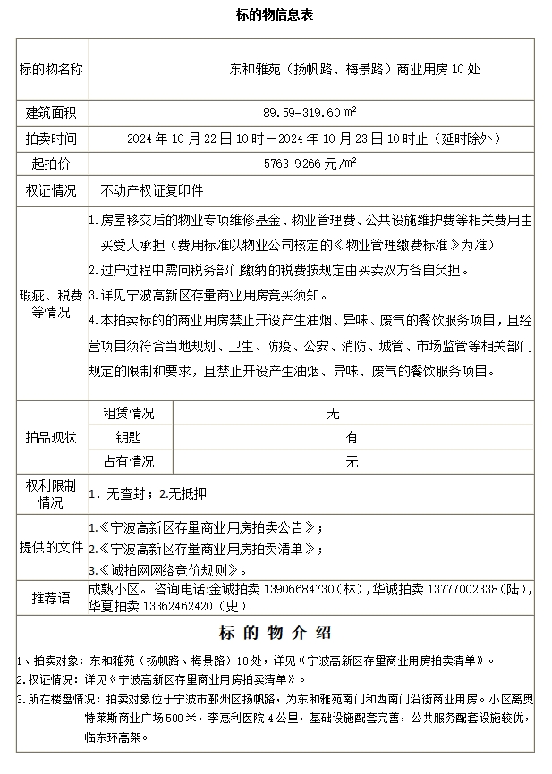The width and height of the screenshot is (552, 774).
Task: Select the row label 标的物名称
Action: click(51, 68)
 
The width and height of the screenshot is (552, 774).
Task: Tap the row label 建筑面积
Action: click(51, 114)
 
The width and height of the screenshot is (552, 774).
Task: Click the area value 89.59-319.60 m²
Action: click(310, 114)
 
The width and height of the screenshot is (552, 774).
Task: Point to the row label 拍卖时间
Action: click(51, 139)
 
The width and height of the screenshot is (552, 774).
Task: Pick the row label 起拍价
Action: click(51, 165)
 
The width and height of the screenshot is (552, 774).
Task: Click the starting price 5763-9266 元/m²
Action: click(310, 165)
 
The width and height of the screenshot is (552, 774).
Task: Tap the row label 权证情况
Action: click(51, 191)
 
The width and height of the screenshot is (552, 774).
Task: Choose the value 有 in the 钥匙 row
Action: click(352, 438)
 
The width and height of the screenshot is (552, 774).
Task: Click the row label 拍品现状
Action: click(51, 438)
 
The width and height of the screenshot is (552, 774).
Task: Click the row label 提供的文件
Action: click(51, 547)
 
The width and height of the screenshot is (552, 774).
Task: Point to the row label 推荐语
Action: click(51, 597)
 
